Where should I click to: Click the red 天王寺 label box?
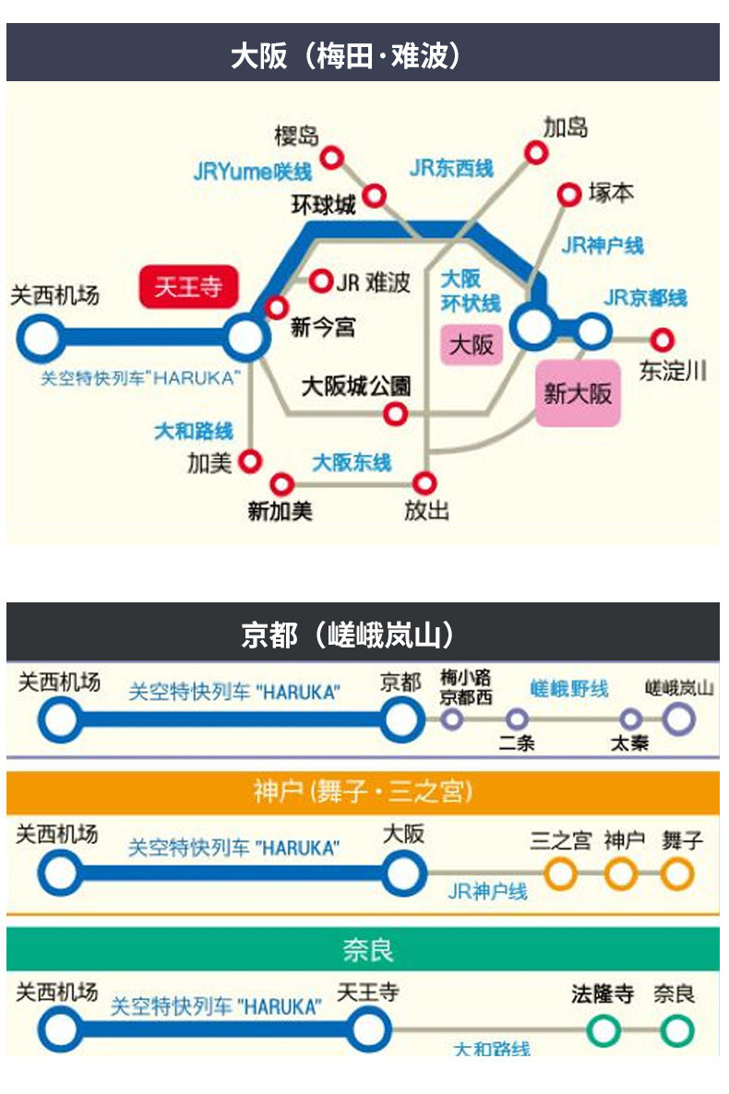click(188, 287)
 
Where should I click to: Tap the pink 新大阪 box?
click(578, 393)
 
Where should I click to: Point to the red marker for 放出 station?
click(424, 482)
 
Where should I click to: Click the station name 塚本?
click(611, 194)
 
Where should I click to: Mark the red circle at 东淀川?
click(662, 340)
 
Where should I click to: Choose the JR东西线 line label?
click(451, 168)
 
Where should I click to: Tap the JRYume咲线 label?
click(252, 172)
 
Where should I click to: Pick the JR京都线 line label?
click(646, 298)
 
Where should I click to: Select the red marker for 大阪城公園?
click(395, 414)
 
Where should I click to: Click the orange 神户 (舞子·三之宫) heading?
click(363, 791)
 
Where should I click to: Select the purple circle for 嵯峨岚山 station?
click(678, 719)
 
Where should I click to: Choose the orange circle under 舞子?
click(677, 873)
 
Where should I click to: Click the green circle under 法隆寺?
click(604, 1029)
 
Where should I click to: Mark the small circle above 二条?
click(517, 719)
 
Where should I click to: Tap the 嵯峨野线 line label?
click(569, 689)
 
